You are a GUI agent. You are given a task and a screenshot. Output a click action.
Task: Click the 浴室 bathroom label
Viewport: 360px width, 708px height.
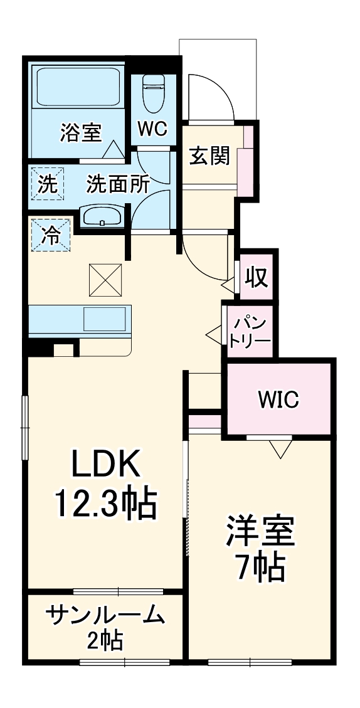click(x=81, y=134)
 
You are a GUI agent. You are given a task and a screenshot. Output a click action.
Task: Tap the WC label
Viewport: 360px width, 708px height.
click(x=151, y=129)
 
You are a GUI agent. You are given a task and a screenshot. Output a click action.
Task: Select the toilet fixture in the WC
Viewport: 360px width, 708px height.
click(x=152, y=92)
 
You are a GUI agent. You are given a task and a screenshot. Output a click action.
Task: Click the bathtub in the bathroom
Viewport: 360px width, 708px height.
click(x=78, y=87)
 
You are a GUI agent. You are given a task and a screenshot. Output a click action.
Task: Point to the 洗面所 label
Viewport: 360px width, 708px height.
click(x=117, y=184)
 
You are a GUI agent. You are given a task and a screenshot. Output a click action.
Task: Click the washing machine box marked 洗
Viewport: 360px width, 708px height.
click(x=48, y=184)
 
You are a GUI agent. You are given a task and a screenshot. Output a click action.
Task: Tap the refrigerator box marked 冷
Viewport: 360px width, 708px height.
click(x=51, y=236)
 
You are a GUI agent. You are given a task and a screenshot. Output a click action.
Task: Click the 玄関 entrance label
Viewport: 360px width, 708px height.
click(x=209, y=156)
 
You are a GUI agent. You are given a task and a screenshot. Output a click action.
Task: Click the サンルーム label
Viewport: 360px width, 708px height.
click(x=105, y=616)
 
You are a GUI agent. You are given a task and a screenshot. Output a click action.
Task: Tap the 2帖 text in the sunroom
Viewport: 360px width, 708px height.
click(x=105, y=640)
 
